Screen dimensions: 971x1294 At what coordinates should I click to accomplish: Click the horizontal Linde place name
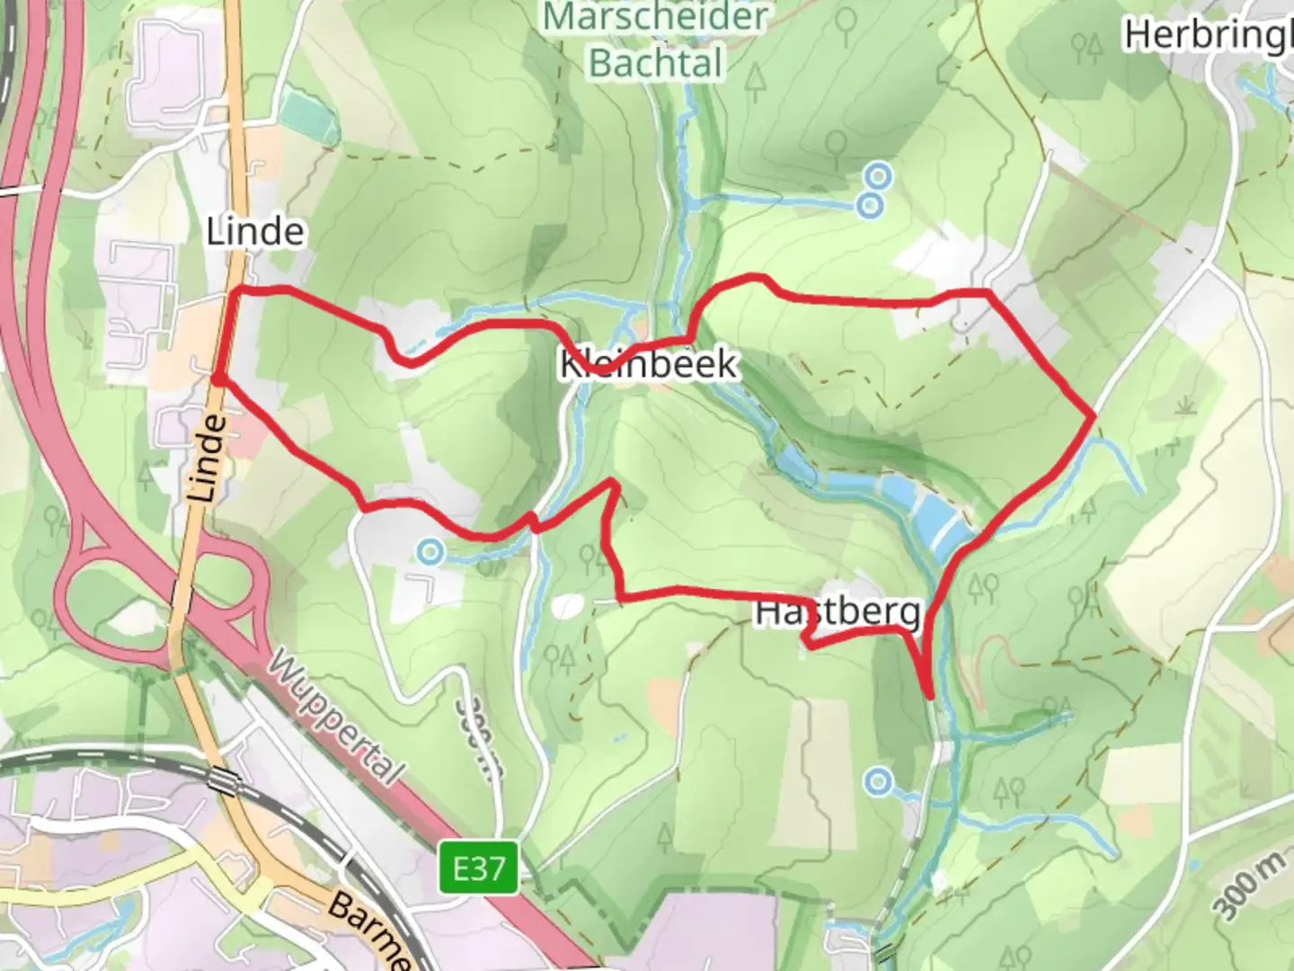[255, 232]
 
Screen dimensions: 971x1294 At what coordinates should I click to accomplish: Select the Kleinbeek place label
[648, 364]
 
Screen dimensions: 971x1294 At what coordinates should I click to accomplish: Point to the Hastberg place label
[838, 612]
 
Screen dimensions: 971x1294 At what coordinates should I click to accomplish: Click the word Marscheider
[656, 16]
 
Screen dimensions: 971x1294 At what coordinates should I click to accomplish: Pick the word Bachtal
[656, 63]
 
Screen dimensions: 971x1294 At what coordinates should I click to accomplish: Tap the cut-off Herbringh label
[1209, 36]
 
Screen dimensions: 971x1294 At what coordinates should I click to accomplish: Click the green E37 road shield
[479, 869]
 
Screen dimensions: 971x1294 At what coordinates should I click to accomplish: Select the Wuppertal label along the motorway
[334, 719]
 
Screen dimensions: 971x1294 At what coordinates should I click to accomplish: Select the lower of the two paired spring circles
[869, 206]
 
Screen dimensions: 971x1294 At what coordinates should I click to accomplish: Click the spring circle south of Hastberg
[878, 781]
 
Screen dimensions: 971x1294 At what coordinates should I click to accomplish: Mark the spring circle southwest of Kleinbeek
[431, 550]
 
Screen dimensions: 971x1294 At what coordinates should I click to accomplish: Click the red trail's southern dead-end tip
[930, 695]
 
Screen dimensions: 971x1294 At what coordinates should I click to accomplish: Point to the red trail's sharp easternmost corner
[1093, 416]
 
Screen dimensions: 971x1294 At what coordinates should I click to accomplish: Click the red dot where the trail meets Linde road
[217, 379]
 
